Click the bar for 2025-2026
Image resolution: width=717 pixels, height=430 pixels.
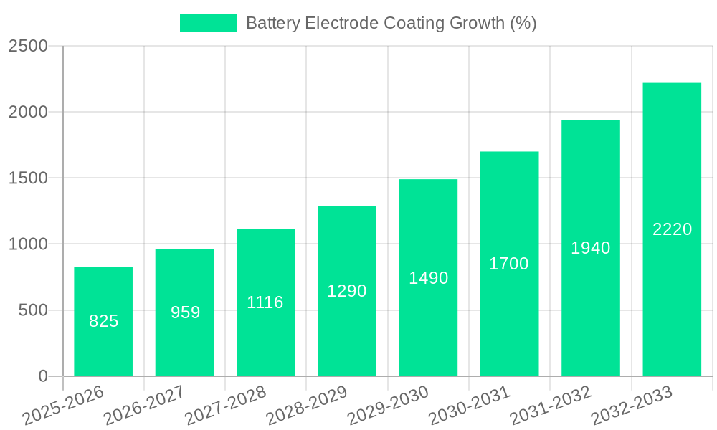pos(103,322)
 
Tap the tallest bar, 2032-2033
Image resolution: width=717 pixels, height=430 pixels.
pos(672,229)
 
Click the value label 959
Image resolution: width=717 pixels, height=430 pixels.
pos(185,312)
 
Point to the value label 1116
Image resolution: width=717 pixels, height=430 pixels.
pos(265,302)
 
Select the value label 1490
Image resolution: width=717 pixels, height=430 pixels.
pos(428,278)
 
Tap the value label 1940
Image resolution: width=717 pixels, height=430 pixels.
pos(591,248)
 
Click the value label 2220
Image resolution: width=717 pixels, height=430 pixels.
pos(672,229)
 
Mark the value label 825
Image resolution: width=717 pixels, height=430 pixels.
pos(103,321)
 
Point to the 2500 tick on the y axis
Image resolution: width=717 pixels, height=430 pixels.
pos(28,46)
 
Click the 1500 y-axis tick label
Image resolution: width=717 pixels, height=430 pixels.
pos(28,178)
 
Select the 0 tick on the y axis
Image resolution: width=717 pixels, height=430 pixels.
pos(42,376)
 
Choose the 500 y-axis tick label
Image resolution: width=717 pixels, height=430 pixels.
pos(33,310)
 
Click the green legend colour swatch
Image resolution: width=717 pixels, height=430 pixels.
pos(208,23)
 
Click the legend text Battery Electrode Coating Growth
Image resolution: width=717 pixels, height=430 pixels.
pos(391,23)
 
